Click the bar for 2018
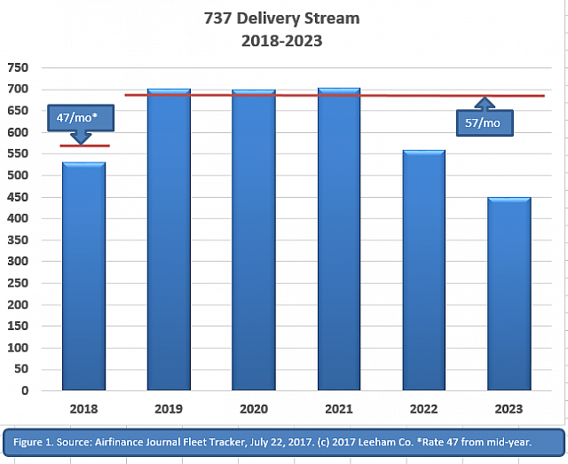[83, 276]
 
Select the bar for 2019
[169, 240]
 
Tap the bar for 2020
[253, 240]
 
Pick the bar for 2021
[338, 240]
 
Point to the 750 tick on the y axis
[19, 67]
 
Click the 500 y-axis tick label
[19, 175]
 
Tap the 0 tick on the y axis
[25, 390]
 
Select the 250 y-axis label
[19, 283]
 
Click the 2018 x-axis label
[83, 409]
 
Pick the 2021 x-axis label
[338, 409]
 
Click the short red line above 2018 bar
[84, 145]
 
